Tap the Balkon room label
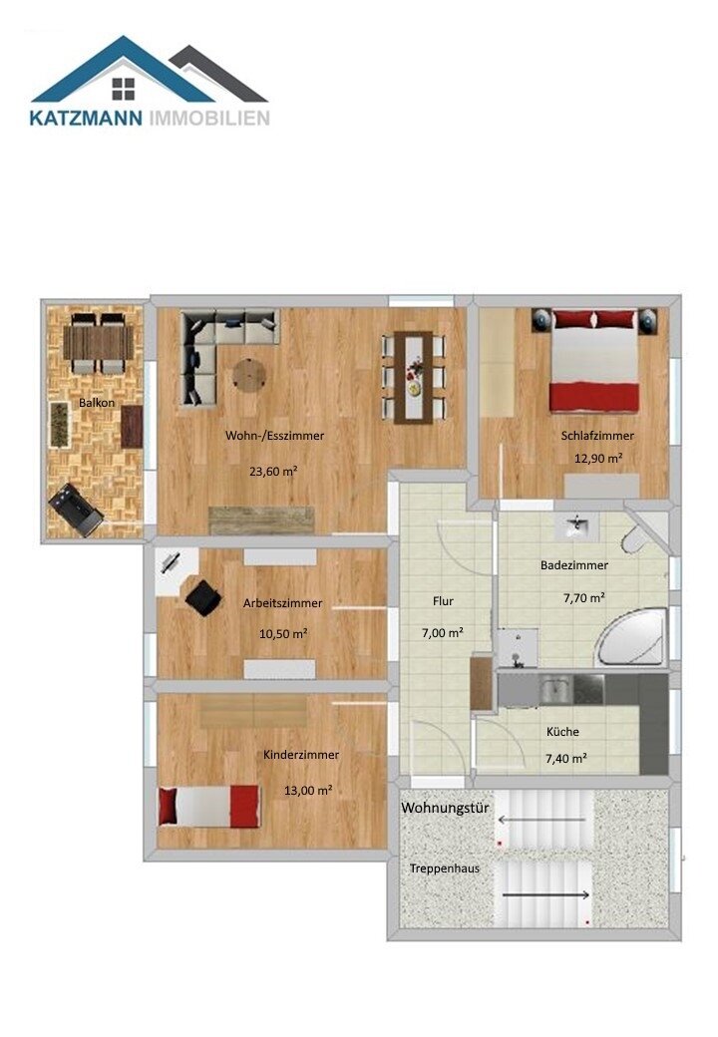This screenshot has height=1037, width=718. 97,403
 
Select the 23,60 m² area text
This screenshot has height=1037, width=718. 273,472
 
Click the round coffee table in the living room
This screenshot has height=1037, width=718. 249,375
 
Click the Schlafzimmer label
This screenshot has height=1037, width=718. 597,436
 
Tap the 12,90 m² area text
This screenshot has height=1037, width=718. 597,458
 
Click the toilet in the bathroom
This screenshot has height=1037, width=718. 634,538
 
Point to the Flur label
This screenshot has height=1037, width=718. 444,601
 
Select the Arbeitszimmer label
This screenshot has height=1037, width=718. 282,602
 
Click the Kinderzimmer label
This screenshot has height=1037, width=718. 301,755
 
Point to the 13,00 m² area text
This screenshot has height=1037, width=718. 308,790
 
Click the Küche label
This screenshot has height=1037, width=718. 562,731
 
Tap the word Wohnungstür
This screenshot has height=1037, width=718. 445,808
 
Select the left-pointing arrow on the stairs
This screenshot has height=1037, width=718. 539,820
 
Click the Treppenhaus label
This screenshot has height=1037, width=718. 444,868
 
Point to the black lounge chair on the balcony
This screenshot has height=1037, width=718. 76,510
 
